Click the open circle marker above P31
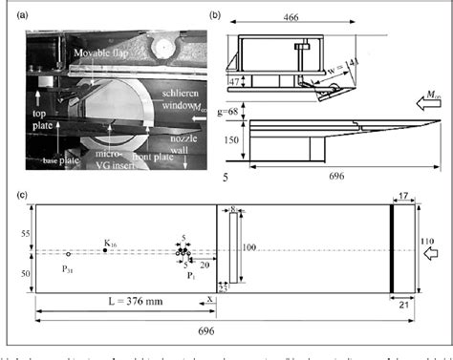pos(67,255)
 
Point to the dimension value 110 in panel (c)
pos(427,242)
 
